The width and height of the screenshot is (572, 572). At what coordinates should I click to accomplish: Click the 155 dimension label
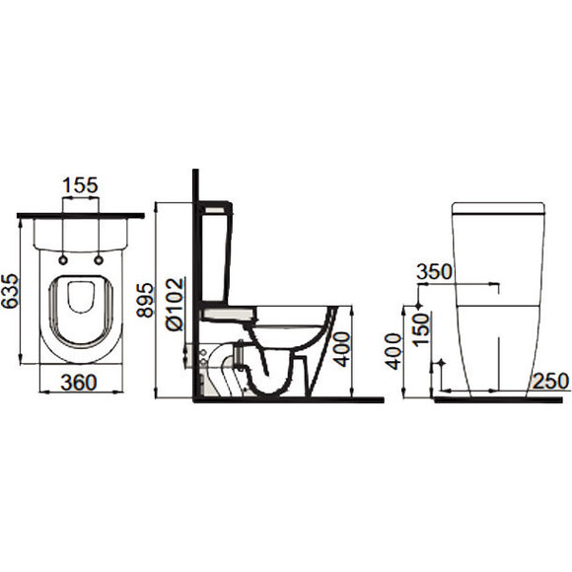point(80,185)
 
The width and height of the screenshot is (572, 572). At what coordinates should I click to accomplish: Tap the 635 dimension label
point(10,291)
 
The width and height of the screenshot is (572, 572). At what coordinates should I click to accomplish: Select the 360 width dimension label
point(79,383)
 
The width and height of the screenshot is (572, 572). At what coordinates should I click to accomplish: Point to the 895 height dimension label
point(144,300)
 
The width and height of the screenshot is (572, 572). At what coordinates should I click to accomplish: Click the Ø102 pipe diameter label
point(175,305)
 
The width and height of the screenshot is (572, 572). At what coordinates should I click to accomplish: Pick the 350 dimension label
point(434,271)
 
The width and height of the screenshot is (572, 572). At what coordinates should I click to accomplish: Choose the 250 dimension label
point(550,381)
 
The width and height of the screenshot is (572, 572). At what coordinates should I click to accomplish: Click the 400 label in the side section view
point(342,349)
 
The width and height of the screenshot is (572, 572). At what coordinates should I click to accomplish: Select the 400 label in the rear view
point(393,351)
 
